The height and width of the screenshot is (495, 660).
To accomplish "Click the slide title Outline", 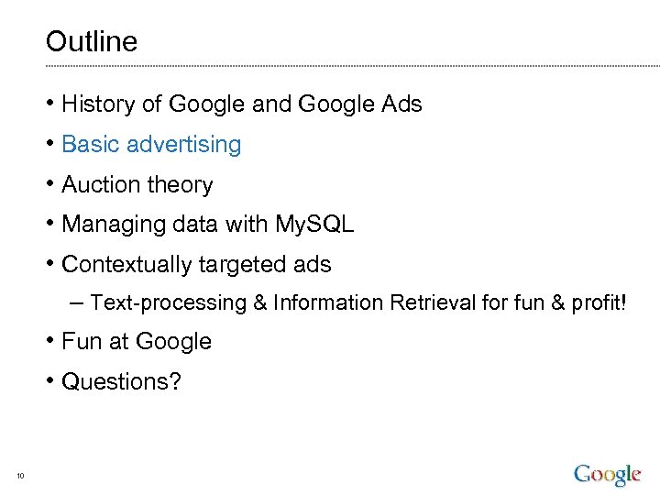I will (91, 41).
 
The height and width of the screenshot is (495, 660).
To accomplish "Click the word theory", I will (180, 185).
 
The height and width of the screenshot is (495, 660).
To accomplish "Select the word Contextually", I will (125, 265).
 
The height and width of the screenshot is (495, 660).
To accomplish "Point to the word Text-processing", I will (170, 302).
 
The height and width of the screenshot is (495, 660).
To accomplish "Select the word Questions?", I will (121, 381).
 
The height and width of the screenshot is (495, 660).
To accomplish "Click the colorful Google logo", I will (607, 475).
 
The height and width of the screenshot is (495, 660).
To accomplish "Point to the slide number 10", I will (20, 475).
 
